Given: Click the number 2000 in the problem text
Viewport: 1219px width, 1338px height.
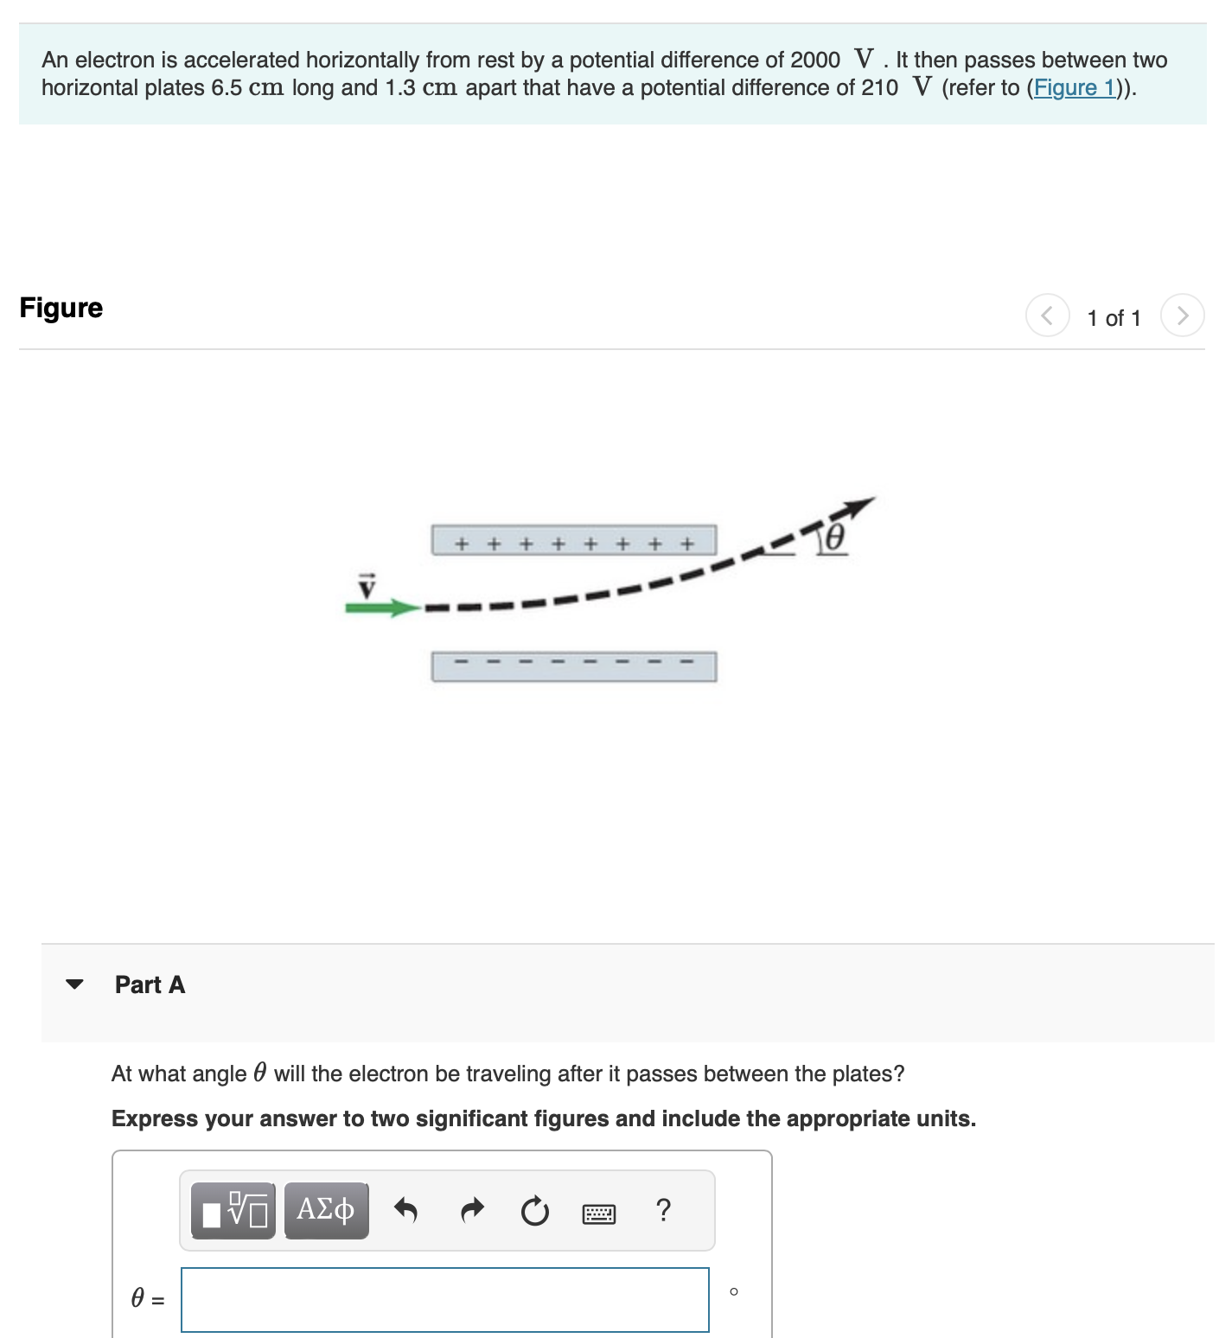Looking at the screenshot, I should [x=814, y=60].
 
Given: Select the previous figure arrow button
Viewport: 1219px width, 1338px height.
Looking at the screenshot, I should [x=1047, y=315].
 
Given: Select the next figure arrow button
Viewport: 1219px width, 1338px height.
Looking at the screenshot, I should [x=1182, y=315].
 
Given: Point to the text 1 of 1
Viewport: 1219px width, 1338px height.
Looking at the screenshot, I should [x=1114, y=318].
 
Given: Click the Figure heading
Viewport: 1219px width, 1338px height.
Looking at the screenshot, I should [x=61, y=308].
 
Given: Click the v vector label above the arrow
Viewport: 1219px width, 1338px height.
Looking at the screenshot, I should [x=368, y=586].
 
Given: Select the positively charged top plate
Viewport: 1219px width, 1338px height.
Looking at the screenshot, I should [x=574, y=540].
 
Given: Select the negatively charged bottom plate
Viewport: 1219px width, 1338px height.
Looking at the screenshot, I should [x=574, y=666].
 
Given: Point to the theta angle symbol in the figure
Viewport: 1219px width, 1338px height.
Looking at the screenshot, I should [x=833, y=538].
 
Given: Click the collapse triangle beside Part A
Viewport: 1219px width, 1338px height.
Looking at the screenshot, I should [x=75, y=984].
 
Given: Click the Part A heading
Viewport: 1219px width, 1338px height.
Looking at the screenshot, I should [x=150, y=984].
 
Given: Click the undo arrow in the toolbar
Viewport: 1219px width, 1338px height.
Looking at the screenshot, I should [x=405, y=1210].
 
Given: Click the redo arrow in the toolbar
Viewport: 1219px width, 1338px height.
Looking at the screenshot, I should [x=472, y=1210].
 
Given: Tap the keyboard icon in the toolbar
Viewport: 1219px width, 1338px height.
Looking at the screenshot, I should [x=599, y=1214].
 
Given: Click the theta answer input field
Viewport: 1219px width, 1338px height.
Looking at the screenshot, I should [x=444, y=1299].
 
